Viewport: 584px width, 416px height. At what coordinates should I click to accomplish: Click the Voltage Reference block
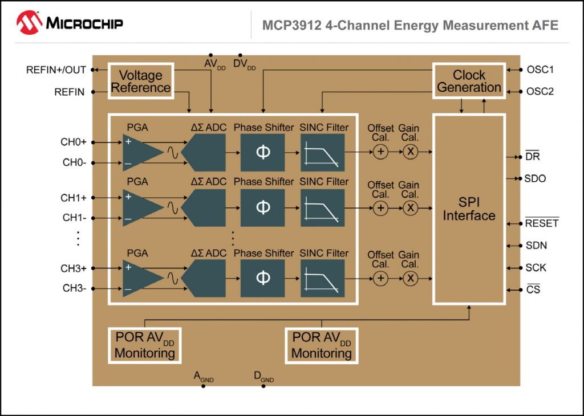coord(140,81)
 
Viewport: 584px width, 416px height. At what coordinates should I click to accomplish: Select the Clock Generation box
coord(469,81)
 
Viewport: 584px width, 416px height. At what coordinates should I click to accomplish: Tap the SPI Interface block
coord(469,209)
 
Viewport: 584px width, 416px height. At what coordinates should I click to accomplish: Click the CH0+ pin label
coord(74,142)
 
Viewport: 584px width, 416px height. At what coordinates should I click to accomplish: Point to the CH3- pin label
coord(74,288)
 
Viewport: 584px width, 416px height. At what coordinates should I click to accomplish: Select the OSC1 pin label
coord(540,70)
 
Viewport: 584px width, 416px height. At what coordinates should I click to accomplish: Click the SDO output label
coord(535,178)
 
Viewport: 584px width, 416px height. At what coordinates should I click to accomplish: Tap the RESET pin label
coord(541,223)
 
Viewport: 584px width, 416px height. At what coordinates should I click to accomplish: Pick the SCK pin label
coord(536,267)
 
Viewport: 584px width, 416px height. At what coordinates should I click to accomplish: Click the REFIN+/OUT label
coord(56,70)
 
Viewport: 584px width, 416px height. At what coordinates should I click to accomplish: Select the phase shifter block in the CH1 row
coord(262,207)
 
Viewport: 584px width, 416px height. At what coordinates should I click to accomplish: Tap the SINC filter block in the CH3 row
coord(322,278)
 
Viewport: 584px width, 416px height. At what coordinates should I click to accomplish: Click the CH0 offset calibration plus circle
coord(380,152)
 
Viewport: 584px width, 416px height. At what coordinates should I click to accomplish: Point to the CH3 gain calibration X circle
coord(410,278)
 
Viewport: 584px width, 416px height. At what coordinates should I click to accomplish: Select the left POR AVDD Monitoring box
coord(144,345)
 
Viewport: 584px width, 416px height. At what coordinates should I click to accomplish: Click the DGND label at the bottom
coord(263,377)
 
